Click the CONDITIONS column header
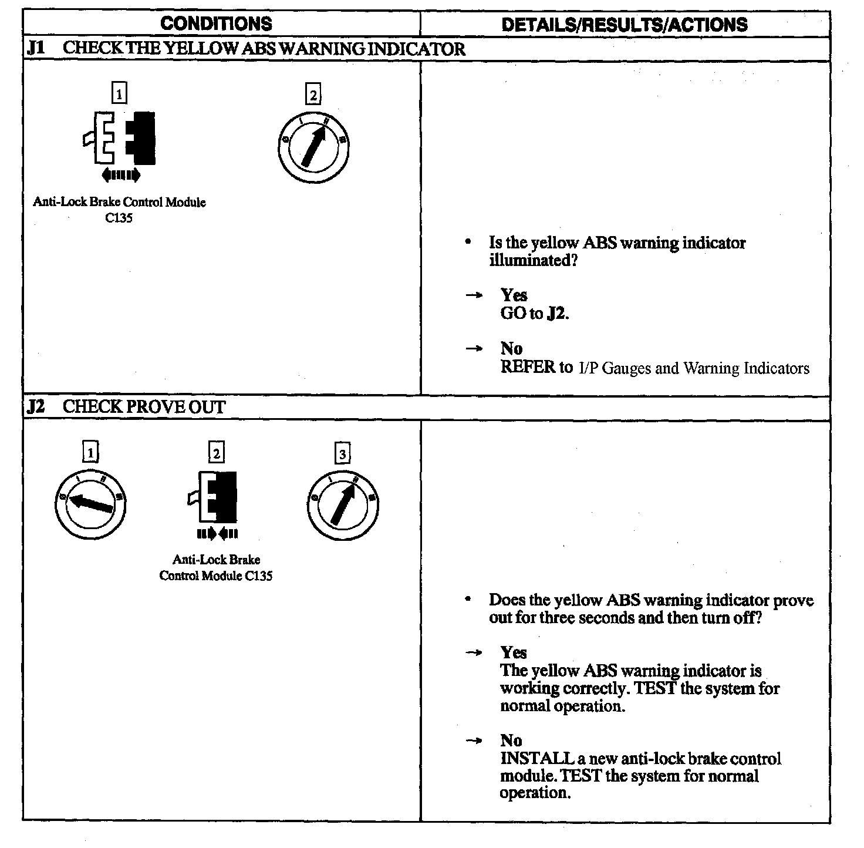pos(216,23)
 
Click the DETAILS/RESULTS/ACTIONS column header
pos(625,24)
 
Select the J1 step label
pos(36,48)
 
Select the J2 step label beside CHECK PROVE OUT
pos(36,406)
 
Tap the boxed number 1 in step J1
pos(119,93)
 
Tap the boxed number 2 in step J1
pos(313,95)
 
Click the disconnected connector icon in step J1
pos(120,139)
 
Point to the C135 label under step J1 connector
pos(119,218)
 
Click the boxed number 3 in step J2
pos(342,453)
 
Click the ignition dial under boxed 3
pos(343,504)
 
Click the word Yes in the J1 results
pos(514,295)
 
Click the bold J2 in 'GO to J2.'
pos(556,314)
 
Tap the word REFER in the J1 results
pos(528,368)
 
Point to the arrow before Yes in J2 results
pos(474,653)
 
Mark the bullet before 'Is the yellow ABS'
pos(468,242)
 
